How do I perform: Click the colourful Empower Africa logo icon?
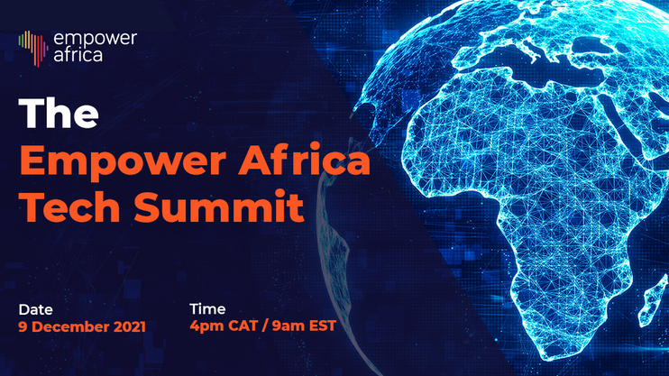click(x=32, y=49)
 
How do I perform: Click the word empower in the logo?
click(x=96, y=40)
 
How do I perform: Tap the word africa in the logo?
click(x=78, y=55)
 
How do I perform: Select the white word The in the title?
click(x=59, y=113)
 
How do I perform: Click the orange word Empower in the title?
click(x=123, y=162)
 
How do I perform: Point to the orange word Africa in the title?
click(x=304, y=160)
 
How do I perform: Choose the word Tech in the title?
click(x=70, y=207)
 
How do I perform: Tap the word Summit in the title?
click(x=219, y=207)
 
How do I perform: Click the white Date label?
click(x=35, y=309)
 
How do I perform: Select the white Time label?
click(x=207, y=309)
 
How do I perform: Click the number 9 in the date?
click(x=23, y=327)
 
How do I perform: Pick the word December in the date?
click(x=71, y=327)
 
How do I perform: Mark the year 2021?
click(x=130, y=327)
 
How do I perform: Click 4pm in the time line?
click(x=207, y=326)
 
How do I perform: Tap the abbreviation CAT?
click(x=243, y=326)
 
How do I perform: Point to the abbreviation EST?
click(x=323, y=326)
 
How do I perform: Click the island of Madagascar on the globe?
click(x=653, y=302)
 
